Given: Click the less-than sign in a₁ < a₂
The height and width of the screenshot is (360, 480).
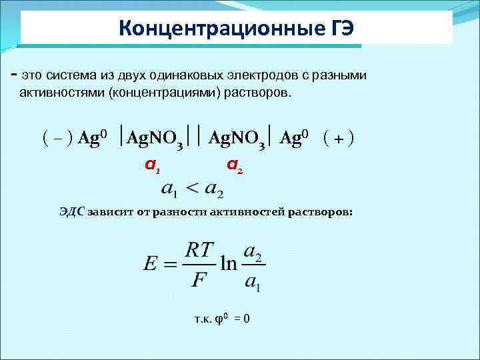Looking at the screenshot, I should click(x=192, y=189).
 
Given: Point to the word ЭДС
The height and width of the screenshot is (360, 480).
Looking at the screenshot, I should click(x=71, y=212).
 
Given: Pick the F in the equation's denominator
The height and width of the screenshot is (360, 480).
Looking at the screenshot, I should click(x=198, y=279).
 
